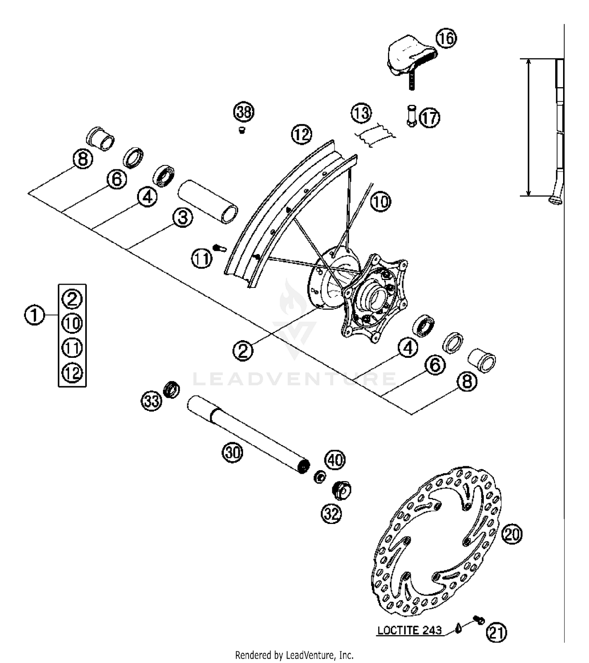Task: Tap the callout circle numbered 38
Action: tap(244, 112)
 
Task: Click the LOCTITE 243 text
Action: tap(409, 630)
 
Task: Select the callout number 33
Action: tap(152, 401)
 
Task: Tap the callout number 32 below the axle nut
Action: tap(331, 513)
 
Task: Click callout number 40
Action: tap(335, 460)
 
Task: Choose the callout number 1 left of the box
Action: tap(35, 315)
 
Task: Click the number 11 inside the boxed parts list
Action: tap(72, 348)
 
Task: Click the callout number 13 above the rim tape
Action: tap(361, 113)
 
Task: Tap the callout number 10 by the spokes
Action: tap(380, 202)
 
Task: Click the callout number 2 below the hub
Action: tap(243, 350)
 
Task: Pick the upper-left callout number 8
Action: tap(82, 159)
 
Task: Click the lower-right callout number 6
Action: tap(435, 365)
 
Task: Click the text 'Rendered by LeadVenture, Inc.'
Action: tap(294, 655)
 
